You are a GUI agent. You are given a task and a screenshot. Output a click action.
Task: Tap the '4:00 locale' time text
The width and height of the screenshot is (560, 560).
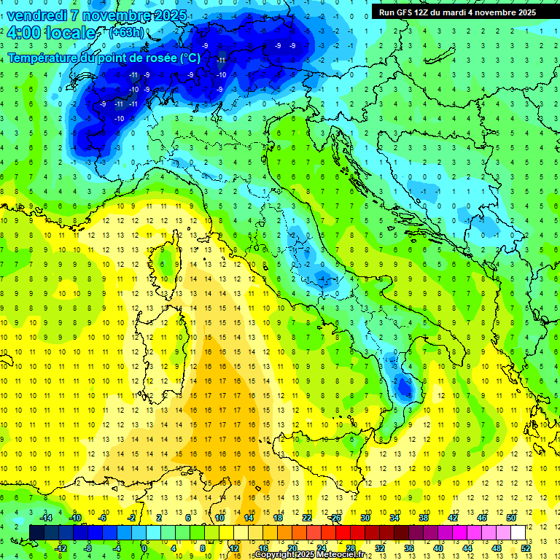click(x=51, y=33)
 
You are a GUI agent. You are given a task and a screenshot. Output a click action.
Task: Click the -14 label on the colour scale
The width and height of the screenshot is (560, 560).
click(x=45, y=518)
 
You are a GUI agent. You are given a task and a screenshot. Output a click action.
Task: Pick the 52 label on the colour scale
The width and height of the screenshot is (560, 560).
click(x=526, y=548)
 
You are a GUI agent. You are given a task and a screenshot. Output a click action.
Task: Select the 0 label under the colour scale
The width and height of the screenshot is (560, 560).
click(x=144, y=548)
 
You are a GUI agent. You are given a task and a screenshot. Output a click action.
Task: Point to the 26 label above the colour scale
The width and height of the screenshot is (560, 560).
click(x=336, y=518)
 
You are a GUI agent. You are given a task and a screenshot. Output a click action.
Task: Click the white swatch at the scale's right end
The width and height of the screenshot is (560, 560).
click(x=518, y=532)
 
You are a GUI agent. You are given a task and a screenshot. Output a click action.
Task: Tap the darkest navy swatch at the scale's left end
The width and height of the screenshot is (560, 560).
click(x=37, y=532)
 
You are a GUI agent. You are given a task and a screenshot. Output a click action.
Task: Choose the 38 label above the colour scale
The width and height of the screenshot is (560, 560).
click(x=424, y=518)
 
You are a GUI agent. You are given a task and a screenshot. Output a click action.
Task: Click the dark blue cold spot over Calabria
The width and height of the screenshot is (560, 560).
click(x=402, y=389)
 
